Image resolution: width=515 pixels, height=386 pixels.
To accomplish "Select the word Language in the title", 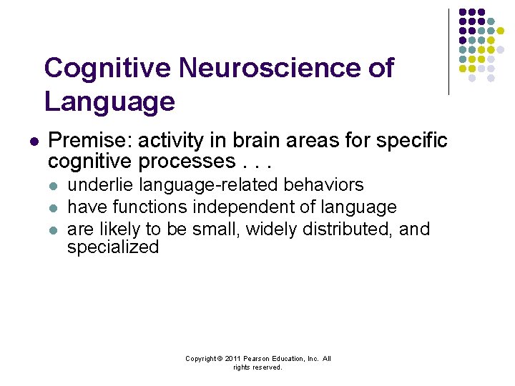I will (x=109, y=101).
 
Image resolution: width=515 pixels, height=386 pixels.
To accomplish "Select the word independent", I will (x=250, y=207).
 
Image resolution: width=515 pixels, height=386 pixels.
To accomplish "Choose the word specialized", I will (x=112, y=247).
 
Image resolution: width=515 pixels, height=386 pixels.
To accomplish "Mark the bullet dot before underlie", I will (x=52, y=186).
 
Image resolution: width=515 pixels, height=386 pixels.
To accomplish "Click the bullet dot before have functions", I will (x=52, y=208).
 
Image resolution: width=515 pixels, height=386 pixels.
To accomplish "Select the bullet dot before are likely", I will (x=52, y=230).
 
